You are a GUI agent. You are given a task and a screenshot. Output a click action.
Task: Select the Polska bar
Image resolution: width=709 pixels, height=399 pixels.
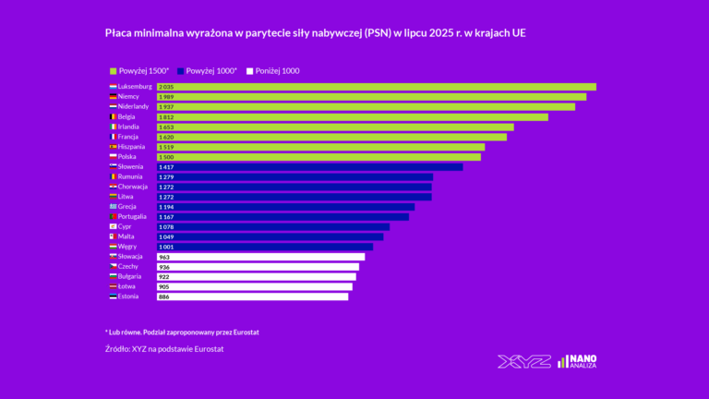click(318, 157)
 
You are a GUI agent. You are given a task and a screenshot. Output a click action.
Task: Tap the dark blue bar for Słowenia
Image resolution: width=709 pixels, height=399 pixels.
click(309, 167)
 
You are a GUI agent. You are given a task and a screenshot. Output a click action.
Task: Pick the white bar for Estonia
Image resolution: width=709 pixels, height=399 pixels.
click(252, 296)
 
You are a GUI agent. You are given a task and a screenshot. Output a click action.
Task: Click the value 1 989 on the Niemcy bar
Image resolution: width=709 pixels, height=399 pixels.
click(166, 97)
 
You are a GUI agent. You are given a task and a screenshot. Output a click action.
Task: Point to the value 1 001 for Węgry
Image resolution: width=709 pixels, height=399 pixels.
click(166, 247)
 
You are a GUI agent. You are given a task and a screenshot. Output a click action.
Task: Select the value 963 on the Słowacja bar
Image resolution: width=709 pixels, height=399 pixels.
click(164, 257)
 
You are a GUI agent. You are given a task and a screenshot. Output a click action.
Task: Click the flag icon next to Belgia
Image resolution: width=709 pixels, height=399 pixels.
click(113, 117)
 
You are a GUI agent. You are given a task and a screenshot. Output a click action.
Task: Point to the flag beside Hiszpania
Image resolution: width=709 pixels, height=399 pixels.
click(113, 147)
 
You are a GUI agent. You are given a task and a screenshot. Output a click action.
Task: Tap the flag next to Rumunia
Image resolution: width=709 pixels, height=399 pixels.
click(113, 176)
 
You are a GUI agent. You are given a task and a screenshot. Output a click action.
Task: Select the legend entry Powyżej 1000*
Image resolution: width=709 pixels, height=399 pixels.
click(211, 71)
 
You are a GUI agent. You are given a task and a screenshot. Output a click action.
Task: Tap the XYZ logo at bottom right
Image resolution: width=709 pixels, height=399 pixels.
click(523, 361)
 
